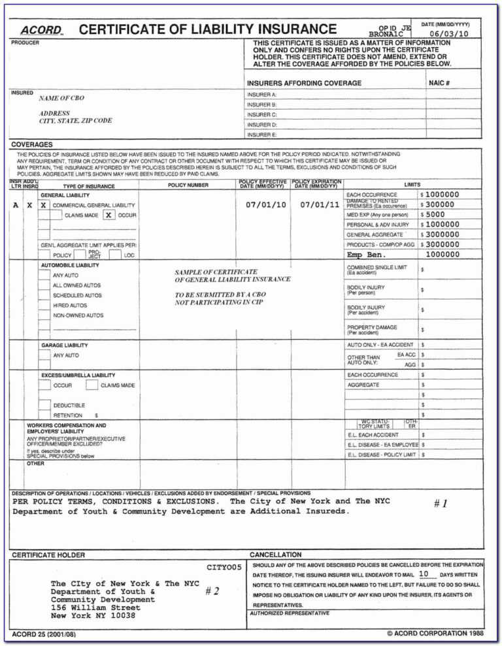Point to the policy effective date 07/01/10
[265, 204]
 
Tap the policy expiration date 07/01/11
[320, 204]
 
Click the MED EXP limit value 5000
[435, 214]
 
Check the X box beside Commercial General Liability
[43, 205]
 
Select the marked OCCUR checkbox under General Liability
[109, 215]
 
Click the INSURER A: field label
[262, 95]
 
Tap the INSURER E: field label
[262, 135]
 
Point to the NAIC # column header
[439, 83]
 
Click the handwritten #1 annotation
[441, 504]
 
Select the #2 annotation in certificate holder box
[212, 590]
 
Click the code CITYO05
[224, 567]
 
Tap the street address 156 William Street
[95, 607]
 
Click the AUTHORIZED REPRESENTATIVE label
[290, 613]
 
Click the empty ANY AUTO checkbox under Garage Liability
[44, 355]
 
